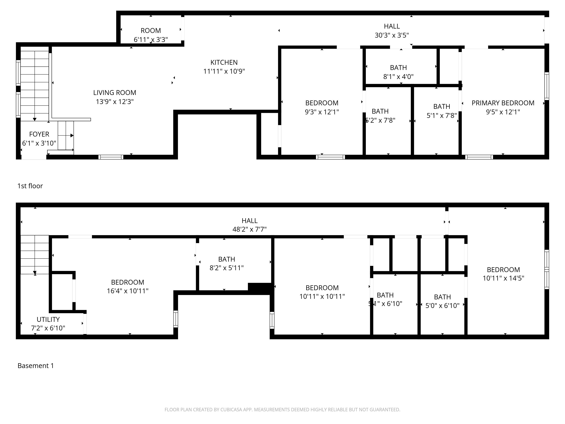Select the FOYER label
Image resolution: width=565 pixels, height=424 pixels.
tap(39, 134)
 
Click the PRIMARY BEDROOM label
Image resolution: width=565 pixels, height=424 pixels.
tap(503, 103)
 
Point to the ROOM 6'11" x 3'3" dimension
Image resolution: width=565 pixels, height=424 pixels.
tap(151, 40)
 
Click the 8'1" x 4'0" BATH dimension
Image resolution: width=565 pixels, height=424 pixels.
tap(398, 77)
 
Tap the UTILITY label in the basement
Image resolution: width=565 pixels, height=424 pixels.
tap(48, 319)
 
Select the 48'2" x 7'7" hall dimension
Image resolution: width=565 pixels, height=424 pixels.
tap(249, 229)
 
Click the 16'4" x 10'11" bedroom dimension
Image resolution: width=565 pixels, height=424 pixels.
tap(127, 291)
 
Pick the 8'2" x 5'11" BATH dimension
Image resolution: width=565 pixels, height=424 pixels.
tap(227, 268)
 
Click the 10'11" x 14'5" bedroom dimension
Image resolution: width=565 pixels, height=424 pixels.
tap(503, 278)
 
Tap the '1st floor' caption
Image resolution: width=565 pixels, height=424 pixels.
tap(30, 186)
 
